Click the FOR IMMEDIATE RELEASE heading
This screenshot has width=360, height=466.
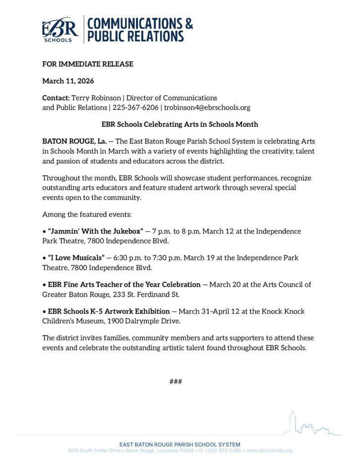tap(88, 64)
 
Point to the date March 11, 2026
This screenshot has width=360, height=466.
tap(68, 81)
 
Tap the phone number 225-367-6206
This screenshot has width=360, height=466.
tap(136, 108)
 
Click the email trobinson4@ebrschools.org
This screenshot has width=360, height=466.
tap(207, 108)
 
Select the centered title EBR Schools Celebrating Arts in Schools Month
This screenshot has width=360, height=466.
tap(180, 124)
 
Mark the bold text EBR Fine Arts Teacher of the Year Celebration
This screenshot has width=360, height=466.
tap(124, 285)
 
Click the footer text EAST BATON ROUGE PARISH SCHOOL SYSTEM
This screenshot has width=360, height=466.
tap(180, 444)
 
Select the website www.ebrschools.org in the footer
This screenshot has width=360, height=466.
tap(269, 451)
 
